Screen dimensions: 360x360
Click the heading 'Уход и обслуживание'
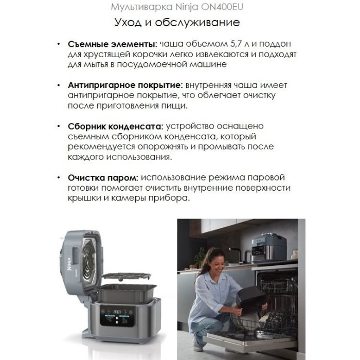pos(177,23)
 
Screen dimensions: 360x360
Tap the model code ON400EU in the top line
pos(222,7)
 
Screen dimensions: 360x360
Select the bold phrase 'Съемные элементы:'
pos(112,44)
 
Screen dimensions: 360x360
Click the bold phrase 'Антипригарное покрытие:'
pos(125,85)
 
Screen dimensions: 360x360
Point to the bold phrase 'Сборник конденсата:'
pos(116,127)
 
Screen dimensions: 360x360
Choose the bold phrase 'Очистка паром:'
pos(103,178)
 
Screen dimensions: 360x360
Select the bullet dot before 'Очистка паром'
pos(59,178)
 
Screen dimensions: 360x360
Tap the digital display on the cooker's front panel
pos(117,316)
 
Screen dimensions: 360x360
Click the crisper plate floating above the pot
pos(126,276)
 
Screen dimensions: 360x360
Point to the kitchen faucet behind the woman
pos(236,254)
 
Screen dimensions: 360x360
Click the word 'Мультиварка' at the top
pos(141,7)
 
